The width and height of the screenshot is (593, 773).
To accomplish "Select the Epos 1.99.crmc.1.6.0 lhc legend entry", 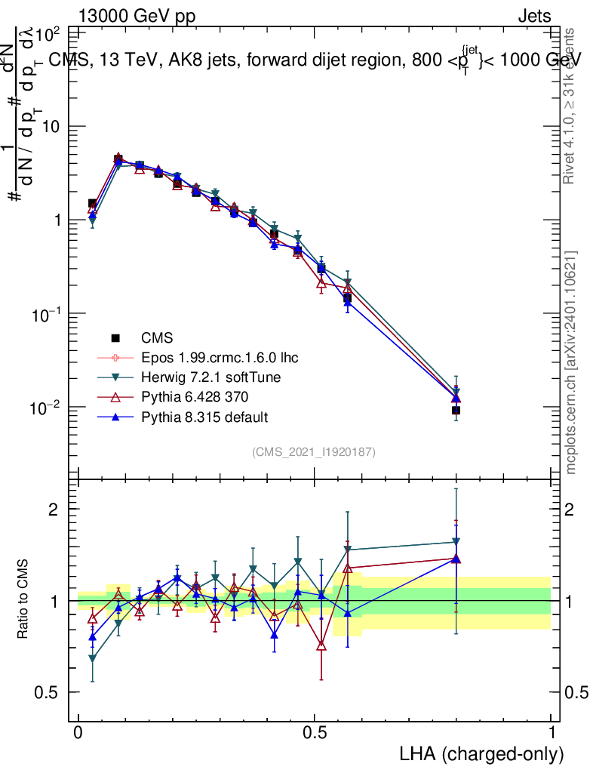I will click(215, 358).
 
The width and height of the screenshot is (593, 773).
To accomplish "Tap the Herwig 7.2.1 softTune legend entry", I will click(206, 377).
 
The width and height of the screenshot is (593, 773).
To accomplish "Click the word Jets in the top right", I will click(533, 16).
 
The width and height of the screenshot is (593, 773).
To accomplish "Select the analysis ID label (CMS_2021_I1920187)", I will click(314, 451).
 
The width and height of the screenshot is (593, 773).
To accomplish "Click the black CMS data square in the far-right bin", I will click(456, 411).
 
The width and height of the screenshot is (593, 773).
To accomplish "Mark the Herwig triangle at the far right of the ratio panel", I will click(456, 542).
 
